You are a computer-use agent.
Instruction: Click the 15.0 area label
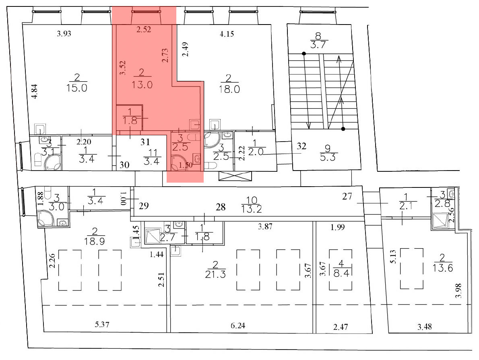[x=78, y=88]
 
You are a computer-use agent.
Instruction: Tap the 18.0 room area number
[x=230, y=89]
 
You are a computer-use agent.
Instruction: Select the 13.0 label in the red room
[x=141, y=85]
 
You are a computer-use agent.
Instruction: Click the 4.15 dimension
[x=227, y=34]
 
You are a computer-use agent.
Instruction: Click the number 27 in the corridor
[x=347, y=197]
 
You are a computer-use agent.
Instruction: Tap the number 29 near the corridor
[x=143, y=206]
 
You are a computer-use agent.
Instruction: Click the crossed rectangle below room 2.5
[x=234, y=176]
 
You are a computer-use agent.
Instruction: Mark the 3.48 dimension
[x=425, y=327]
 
